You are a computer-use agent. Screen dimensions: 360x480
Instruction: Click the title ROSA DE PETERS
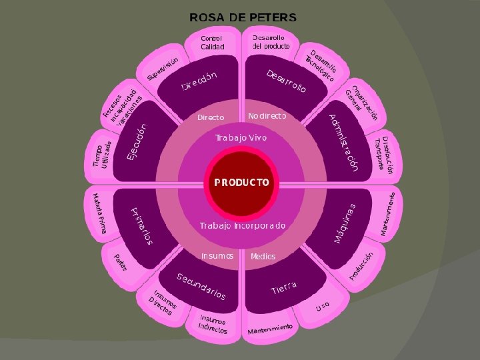(x=243, y=17)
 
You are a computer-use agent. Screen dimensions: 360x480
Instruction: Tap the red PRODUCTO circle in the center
(x=241, y=182)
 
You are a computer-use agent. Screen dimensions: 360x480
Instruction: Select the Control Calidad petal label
(x=213, y=43)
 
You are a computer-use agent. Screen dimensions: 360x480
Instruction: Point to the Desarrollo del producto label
(x=271, y=42)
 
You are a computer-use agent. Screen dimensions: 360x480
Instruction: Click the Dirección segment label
(x=200, y=81)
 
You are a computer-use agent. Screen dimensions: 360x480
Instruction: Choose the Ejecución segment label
(x=137, y=141)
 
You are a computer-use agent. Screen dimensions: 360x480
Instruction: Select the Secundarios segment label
(x=201, y=286)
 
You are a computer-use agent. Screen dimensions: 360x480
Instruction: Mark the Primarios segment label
(x=141, y=225)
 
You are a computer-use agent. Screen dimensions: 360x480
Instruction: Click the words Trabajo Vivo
(x=241, y=138)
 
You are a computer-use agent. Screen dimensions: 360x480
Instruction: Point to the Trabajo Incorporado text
(x=243, y=226)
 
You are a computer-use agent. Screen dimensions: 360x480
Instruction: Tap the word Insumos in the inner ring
(x=217, y=256)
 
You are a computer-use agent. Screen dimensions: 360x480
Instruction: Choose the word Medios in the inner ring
(x=263, y=257)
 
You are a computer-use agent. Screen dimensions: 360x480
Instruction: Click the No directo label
(x=267, y=117)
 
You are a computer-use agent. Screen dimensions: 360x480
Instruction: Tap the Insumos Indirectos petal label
(x=213, y=325)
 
